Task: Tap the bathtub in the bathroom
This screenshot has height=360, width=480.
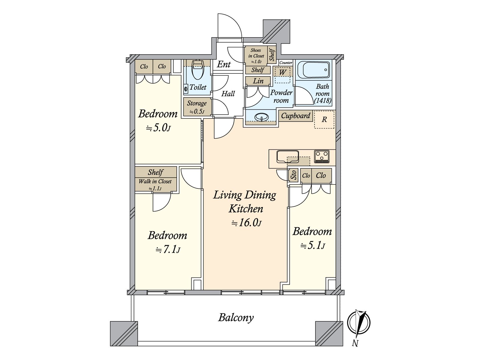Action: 313,70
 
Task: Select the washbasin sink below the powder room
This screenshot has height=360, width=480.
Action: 261,117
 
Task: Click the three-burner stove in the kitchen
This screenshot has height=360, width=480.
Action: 322,157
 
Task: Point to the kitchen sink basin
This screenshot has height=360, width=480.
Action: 287,157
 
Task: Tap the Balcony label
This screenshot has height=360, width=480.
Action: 236,318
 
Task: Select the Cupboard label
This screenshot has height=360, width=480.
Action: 295,115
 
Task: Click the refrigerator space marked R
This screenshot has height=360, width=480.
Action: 324,120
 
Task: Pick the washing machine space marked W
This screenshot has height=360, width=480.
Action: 282,75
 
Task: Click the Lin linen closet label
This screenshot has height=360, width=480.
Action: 258,81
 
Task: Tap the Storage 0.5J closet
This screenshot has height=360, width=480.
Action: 197,107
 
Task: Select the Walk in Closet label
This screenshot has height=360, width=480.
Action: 155,181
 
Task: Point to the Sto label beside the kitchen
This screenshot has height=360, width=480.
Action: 294,175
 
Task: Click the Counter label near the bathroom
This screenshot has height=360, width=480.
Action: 286,63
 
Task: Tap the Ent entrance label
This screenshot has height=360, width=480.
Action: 224,64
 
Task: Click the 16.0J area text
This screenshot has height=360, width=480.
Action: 247,223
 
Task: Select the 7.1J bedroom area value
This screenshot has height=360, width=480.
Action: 168,249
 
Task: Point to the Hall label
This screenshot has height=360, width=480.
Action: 228,94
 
